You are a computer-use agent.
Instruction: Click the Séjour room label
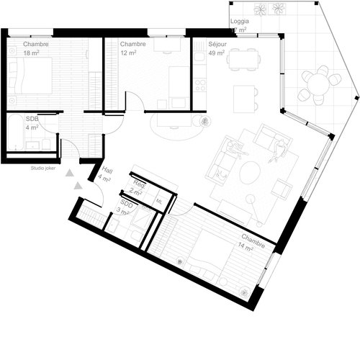217,44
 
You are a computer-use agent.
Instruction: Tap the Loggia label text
240,22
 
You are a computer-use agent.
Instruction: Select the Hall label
108,171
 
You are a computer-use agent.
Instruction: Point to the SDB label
32,118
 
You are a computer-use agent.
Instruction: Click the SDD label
127,204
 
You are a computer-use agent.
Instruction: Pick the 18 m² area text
31,54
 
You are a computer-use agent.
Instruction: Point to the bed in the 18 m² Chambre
32,76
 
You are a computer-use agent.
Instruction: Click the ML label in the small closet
160,202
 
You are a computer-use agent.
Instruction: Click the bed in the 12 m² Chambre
176,83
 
